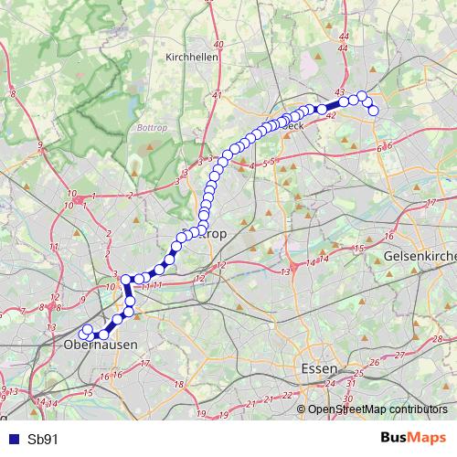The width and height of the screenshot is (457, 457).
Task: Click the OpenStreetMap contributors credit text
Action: (x=377, y=409)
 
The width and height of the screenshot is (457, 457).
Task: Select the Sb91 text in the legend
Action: (x=43, y=439)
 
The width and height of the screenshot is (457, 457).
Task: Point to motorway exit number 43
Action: (x=340, y=93)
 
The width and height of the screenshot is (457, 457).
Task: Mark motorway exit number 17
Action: (x=144, y=364)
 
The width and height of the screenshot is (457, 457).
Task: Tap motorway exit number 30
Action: (x=347, y=399)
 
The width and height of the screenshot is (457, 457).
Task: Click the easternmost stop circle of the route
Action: (x=373, y=111)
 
